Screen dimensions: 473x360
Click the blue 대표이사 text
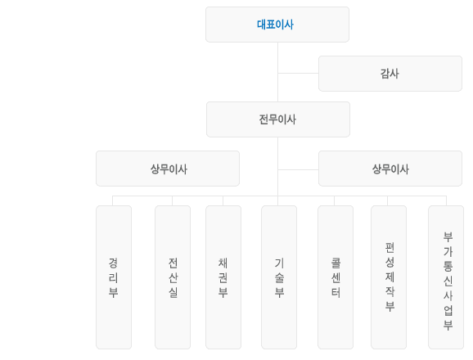(x=275, y=25)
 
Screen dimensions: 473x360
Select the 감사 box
(x=390, y=74)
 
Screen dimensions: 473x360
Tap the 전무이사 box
(x=278, y=119)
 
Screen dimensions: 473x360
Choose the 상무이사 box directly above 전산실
(x=168, y=169)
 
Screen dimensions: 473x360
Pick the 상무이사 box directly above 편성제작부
(x=390, y=169)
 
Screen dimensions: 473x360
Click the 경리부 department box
(x=114, y=277)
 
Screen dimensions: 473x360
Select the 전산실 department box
(x=173, y=277)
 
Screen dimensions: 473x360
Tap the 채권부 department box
(x=223, y=277)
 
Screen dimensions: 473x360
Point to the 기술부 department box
(x=279, y=277)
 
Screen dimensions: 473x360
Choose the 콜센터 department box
(x=336, y=277)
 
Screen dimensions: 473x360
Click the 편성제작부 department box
(x=389, y=277)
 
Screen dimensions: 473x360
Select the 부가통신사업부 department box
(x=446, y=277)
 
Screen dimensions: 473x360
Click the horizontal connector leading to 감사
(x=298, y=73)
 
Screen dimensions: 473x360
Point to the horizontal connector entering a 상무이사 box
(x=298, y=169)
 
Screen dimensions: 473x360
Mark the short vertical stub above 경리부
(x=112, y=200)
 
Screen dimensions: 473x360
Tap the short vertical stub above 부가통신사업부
(x=446, y=200)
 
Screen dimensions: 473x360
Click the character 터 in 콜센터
(x=336, y=292)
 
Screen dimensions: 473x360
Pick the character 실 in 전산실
(x=173, y=292)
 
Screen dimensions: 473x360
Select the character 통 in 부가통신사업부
(x=448, y=266)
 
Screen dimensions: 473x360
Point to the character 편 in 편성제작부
(x=390, y=248)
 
